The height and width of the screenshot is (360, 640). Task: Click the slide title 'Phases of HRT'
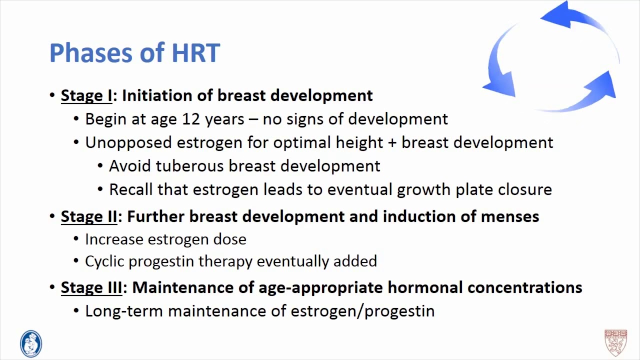[134, 53]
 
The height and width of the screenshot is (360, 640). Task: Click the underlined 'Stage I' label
[86, 95]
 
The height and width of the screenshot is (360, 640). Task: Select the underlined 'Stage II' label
[89, 216]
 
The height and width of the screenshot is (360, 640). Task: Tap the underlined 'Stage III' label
[91, 287]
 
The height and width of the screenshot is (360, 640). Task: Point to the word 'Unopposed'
[128, 143]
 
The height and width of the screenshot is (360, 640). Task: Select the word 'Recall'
[131, 189]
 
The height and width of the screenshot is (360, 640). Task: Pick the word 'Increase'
[114, 239]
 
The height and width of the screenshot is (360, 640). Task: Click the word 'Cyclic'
[105, 261]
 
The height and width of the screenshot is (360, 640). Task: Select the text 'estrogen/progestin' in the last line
[362, 311]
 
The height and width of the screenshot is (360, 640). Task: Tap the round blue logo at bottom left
[31, 344]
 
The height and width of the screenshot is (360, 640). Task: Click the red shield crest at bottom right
[615, 342]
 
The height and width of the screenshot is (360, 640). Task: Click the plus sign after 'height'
[392, 143]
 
